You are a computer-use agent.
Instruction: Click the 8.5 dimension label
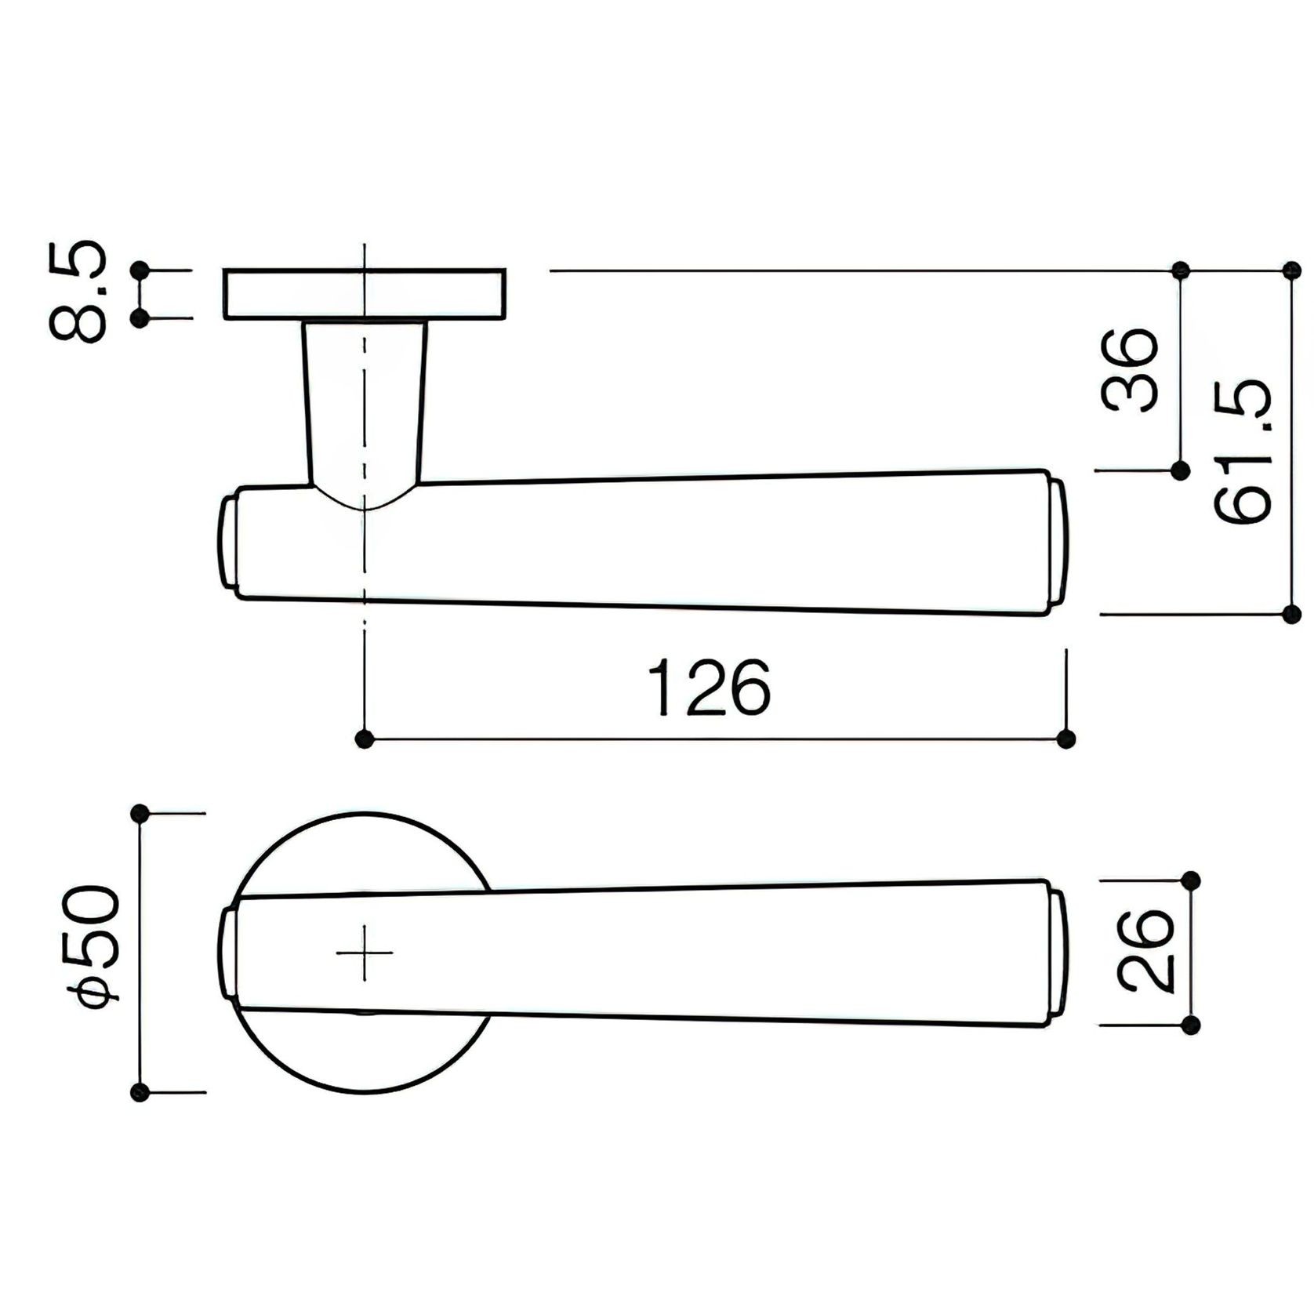point(78,292)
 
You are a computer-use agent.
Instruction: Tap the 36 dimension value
point(1130,371)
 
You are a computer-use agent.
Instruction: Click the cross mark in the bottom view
point(365,953)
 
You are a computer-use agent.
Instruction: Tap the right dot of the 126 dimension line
point(1065,739)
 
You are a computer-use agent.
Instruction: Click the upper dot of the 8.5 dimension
point(141,270)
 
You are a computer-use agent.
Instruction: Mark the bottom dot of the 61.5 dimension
point(1291,614)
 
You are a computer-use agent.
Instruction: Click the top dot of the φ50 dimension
point(140,814)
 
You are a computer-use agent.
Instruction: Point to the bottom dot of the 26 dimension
point(1190,1025)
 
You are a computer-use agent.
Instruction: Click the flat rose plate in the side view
point(364,295)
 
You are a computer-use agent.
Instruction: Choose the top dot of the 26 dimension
point(1190,880)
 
